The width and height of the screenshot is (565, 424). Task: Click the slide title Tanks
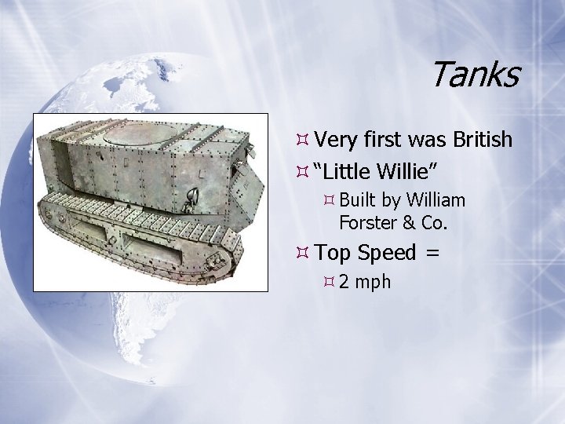pyautogui.click(x=474, y=75)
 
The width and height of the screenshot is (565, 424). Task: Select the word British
pyautogui.click(x=482, y=140)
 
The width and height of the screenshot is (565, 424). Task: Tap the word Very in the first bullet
pyautogui.click(x=337, y=141)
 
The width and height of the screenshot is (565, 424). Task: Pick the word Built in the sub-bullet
pyautogui.click(x=357, y=200)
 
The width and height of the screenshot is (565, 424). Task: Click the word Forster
pyautogui.click(x=367, y=223)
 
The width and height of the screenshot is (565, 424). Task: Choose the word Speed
pyautogui.click(x=387, y=254)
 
